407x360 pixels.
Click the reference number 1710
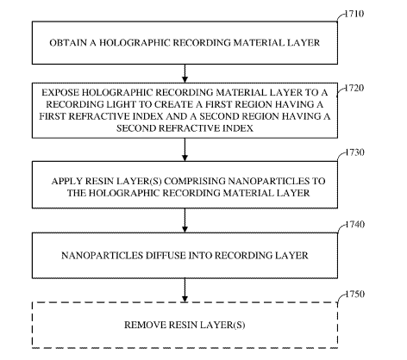click(354, 14)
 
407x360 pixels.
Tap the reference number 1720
click(354, 88)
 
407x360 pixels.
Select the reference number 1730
click(354, 152)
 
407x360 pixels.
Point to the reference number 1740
click(354, 224)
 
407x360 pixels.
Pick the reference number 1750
click(354, 295)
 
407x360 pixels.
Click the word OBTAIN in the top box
click(68, 43)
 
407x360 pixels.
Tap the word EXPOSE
click(60, 92)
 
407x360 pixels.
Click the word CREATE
click(175, 104)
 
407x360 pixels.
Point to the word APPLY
click(67, 181)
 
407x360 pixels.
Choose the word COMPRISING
click(195, 181)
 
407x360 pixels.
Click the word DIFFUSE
click(167, 255)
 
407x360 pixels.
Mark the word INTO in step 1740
click(202, 255)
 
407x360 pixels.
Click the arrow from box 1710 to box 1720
click(185, 73)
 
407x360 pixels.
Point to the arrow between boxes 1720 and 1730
click(185, 150)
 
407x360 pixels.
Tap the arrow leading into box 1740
click(185, 220)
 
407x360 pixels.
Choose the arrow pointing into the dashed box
click(185, 290)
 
